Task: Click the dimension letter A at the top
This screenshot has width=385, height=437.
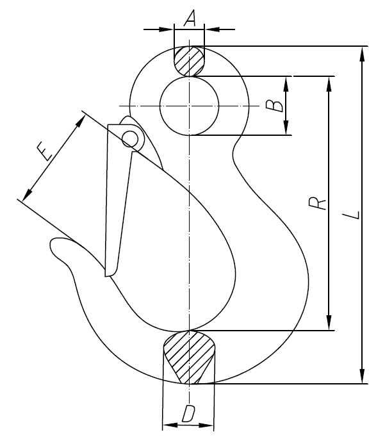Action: coord(190,19)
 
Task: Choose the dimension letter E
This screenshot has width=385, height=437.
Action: coord(44,153)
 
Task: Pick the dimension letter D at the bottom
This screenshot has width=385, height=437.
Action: coord(188,414)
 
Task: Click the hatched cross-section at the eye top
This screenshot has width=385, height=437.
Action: coord(189,62)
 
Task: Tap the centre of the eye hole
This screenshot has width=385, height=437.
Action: coord(189,105)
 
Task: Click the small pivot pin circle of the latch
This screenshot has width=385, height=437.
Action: coord(131,136)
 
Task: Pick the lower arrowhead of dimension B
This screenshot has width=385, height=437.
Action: coord(286,129)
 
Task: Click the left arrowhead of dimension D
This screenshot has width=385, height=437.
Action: coord(168,425)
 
